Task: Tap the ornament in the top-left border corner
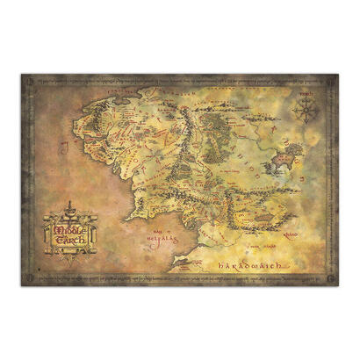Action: pos(29,81)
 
